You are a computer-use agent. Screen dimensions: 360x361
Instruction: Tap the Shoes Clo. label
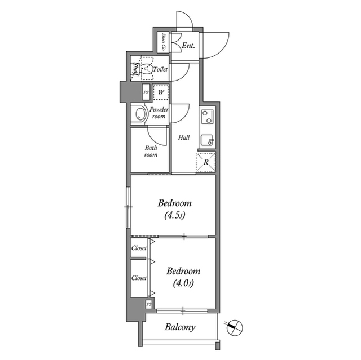163,43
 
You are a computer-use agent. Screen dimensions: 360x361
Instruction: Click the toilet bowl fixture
146,69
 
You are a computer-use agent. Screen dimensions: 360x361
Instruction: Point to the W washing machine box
161,92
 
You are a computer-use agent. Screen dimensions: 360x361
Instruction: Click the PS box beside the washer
146,92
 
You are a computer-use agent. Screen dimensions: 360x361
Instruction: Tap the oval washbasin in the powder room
139,115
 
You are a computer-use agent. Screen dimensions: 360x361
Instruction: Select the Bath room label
151,152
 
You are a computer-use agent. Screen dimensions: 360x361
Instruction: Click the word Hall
184,138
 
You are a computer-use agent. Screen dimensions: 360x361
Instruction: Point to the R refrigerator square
206,162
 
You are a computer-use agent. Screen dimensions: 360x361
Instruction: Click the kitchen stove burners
206,117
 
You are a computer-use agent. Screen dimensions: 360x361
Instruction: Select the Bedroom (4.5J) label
174,209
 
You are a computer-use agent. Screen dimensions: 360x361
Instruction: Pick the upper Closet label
139,248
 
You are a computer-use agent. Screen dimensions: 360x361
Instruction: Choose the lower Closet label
139,278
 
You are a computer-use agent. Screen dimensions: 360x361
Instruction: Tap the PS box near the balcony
149,304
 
